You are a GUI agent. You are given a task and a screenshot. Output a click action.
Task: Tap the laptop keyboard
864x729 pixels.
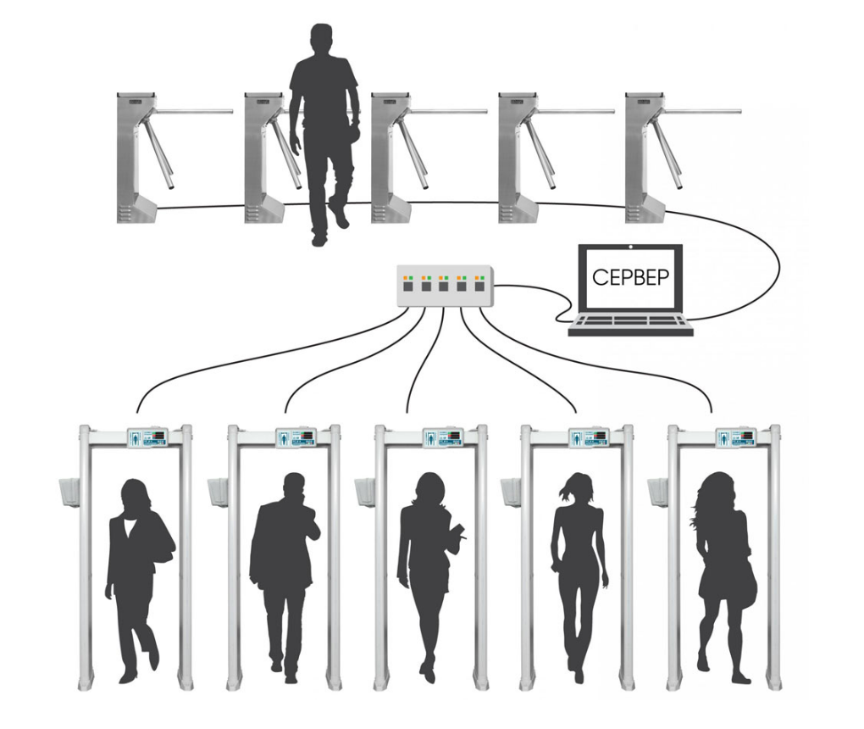point(630,322)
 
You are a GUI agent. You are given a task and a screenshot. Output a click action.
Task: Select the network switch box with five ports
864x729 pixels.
point(444,286)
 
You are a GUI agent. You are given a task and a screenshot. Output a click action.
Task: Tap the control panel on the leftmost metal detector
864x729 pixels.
point(147,437)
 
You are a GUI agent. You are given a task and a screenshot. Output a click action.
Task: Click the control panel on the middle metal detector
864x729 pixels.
point(442,437)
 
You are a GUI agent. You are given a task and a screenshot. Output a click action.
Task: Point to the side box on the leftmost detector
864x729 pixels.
point(69,492)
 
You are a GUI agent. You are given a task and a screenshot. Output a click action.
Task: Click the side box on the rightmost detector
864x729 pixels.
point(657,492)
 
